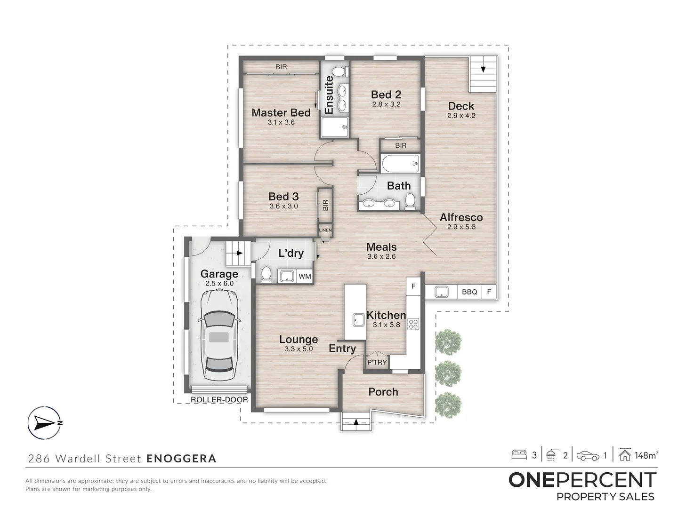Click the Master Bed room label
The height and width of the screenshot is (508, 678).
(x=281, y=113)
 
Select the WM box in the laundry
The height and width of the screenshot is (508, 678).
(x=305, y=276)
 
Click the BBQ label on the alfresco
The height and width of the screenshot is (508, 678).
(x=469, y=292)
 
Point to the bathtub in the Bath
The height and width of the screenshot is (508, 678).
(x=400, y=164)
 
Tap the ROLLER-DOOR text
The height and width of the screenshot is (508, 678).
(x=219, y=400)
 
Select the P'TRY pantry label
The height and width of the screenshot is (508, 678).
(x=377, y=362)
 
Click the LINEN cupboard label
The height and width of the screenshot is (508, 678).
(x=325, y=230)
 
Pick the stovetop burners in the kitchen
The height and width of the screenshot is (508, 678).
(x=413, y=324)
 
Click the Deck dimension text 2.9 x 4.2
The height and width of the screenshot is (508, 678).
(x=461, y=116)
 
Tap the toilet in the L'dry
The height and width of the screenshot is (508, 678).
(x=266, y=274)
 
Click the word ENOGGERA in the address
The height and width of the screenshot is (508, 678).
(x=182, y=459)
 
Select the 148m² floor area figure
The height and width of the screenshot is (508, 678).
(x=646, y=455)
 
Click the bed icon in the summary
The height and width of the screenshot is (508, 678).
(x=519, y=455)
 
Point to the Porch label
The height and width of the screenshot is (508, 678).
(x=383, y=392)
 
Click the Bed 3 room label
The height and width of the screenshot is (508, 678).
(x=283, y=197)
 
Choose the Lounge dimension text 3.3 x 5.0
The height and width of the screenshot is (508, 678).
(x=299, y=349)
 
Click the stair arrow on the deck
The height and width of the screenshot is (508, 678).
(x=483, y=69)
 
